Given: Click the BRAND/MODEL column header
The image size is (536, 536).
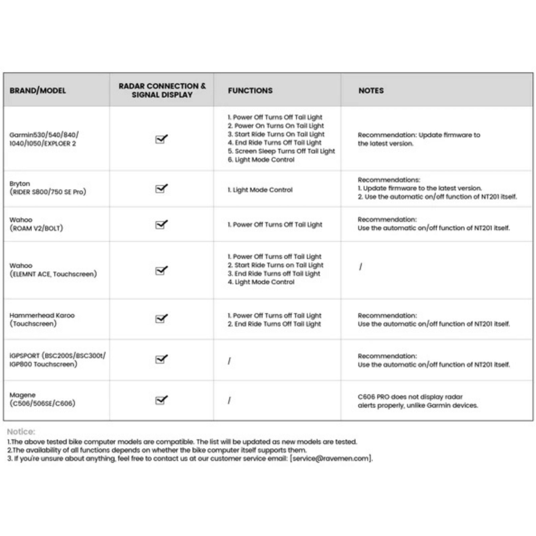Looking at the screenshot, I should coord(38,90).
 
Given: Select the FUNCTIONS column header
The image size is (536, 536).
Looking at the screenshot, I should coord(250,90).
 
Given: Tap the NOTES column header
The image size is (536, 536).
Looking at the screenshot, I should coord(371,90).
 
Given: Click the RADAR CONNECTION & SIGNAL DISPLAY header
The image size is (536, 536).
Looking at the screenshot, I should coord(162,90).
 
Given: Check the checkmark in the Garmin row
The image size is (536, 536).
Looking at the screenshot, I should coord(161,139).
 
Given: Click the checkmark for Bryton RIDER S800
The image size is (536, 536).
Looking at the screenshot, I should coord(161,189).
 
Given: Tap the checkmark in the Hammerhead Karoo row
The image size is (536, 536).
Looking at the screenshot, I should coord(161,319).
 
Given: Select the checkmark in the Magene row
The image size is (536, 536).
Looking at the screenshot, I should coord(161,400).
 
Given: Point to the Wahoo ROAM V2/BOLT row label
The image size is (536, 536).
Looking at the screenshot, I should coord(36,224).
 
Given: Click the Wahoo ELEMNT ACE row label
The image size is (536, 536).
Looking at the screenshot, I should coord(53,270).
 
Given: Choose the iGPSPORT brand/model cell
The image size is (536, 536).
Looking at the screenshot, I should coord(57,360).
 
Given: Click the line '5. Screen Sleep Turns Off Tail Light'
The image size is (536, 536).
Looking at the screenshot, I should coord(281,151).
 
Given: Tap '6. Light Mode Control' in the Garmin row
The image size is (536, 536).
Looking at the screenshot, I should coord(261,160).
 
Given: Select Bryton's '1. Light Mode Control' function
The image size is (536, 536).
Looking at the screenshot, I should coord(260,190).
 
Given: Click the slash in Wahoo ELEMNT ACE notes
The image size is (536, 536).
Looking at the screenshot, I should coord(360,267).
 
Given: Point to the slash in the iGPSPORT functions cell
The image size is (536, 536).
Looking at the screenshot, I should coord(229,361).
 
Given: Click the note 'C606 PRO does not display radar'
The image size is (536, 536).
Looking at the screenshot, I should coord(410,397).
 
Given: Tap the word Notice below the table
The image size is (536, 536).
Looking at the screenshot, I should coord(21,431).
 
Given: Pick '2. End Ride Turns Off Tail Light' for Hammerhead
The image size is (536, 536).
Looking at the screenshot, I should coord(274,324).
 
